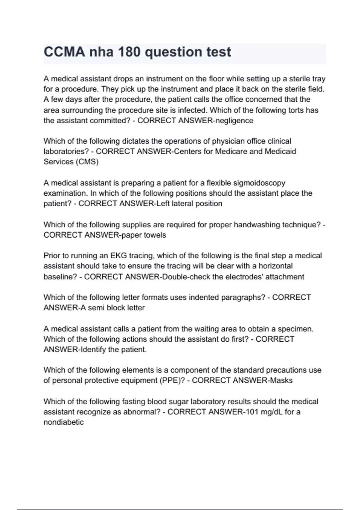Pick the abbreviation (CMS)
point(87,162)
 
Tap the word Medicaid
point(280,151)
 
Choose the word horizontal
point(275,266)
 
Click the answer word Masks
point(281,380)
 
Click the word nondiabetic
point(64,422)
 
